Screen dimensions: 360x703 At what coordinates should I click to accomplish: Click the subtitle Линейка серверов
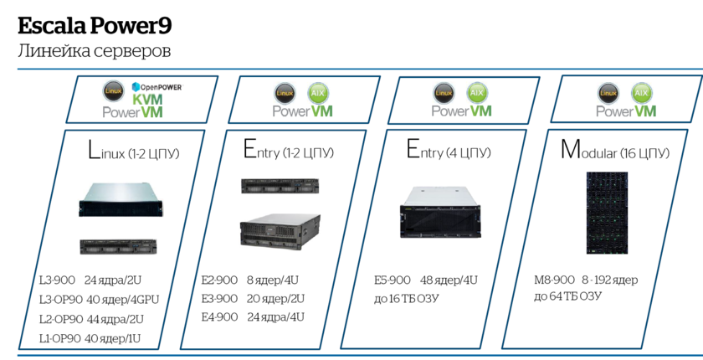[x=94, y=52]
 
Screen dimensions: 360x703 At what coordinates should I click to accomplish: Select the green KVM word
[x=156, y=99]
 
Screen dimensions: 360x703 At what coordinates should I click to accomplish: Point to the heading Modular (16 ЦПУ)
[x=614, y=152]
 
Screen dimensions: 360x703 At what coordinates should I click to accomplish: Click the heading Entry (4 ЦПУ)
[x=450, y=152]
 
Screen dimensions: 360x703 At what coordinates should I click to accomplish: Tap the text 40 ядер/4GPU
[x=122, y=300]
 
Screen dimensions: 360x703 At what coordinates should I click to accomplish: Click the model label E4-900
[x=219, y=318]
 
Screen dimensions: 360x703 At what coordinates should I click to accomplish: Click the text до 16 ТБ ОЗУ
[x=407, y=299]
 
